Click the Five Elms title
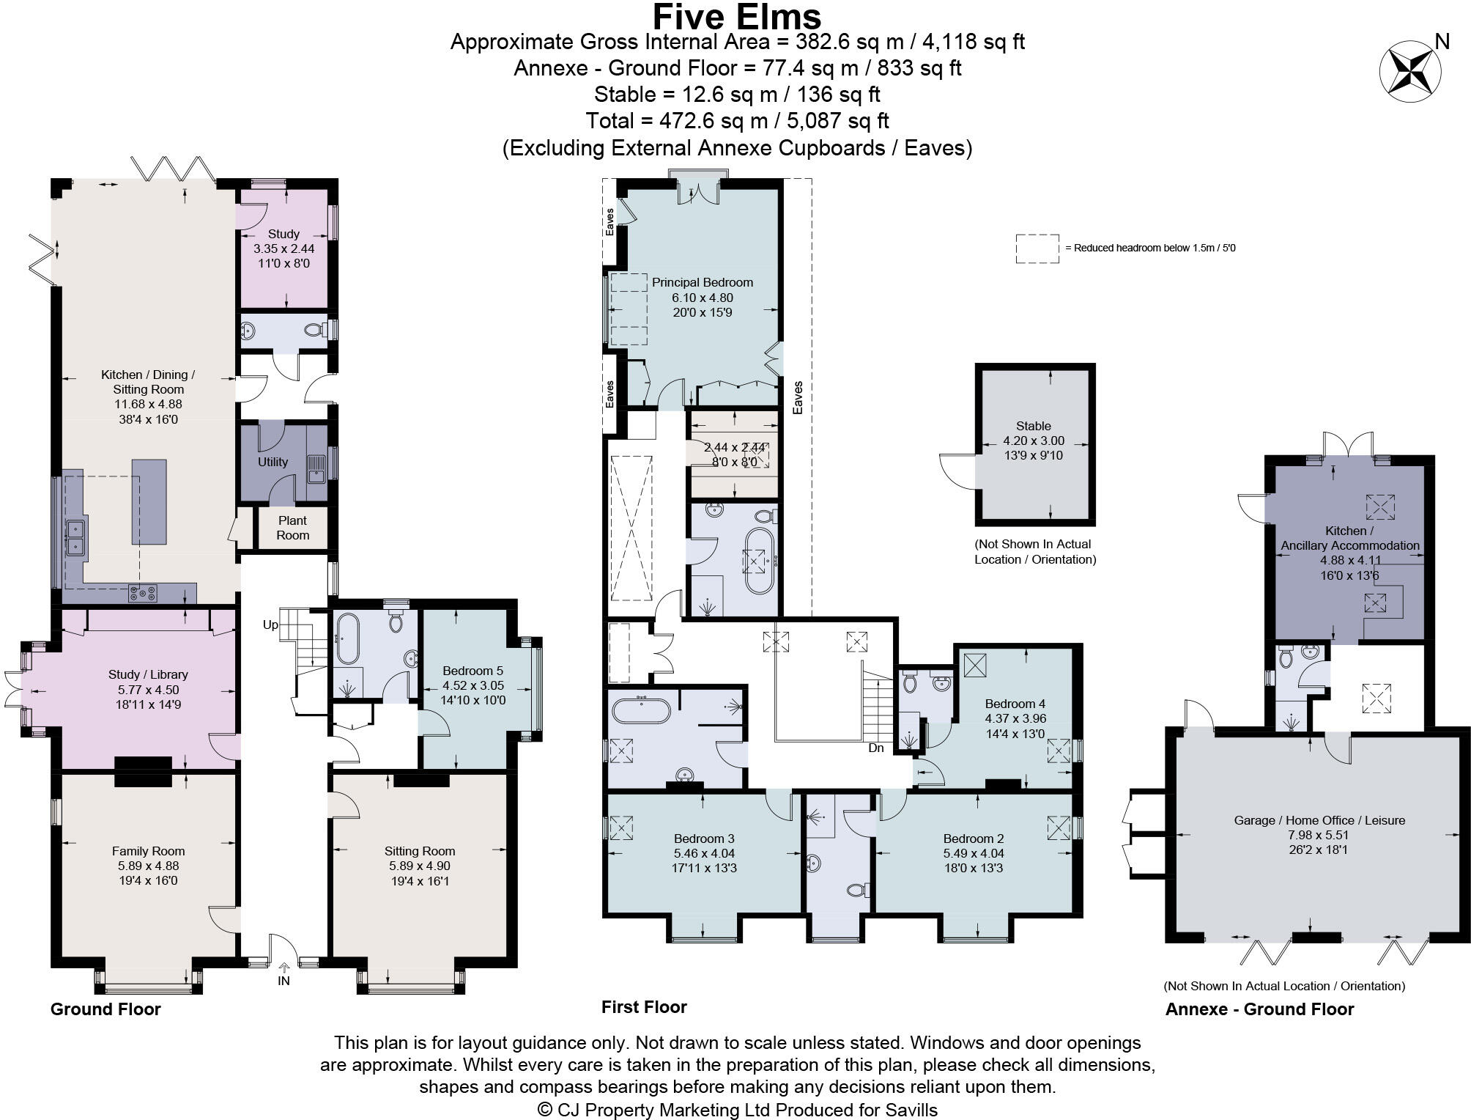point(737,16)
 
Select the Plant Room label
point(292,528)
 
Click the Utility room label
point(273,462)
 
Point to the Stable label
point(1033,426)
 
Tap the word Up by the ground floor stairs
point(271,625)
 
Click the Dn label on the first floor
point(876,748)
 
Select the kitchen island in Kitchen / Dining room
point(149,502)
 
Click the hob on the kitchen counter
point(143,593)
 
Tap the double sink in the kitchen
point(76,537)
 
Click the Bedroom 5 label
point(473,671)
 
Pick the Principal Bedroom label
point(702,282)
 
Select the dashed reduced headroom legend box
point(1037,248)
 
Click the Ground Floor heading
point(105,1009)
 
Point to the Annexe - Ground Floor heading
point(1259,1009)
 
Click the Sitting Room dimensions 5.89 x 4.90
point(420,866)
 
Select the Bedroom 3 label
point(704,839)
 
